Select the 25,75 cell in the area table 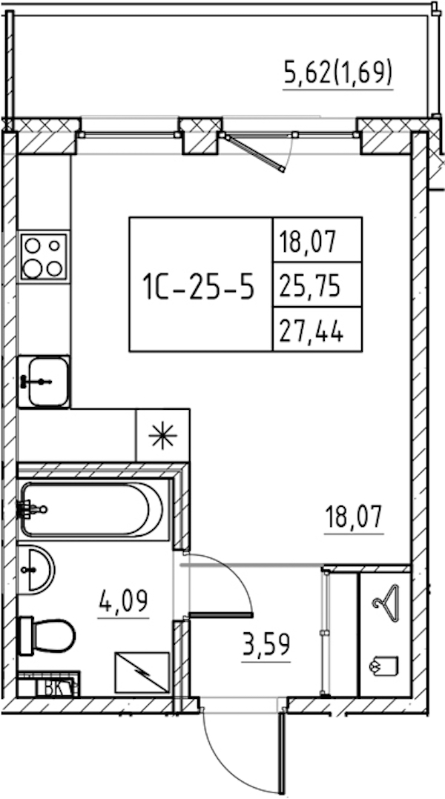317,285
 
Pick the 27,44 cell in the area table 317,329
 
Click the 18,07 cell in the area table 317,240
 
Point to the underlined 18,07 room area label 355,518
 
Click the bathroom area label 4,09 124,602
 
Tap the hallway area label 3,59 266,646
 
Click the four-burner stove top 43,256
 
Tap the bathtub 93,510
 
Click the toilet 47,635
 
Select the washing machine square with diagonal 142,673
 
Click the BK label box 56,688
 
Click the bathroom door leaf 221,615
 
